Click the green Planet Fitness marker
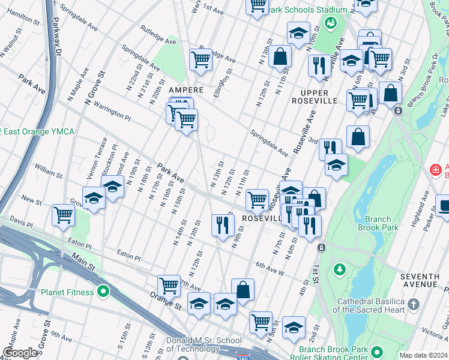[x=103, y=292]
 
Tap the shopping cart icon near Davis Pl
[x=63, y=214]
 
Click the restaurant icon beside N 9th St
[x=223, y=225]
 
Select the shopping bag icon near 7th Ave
[x=243, y=290]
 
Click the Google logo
[x=20, y=353]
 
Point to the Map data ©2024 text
[x=423, y=355]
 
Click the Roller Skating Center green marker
[x=376, y=352]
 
